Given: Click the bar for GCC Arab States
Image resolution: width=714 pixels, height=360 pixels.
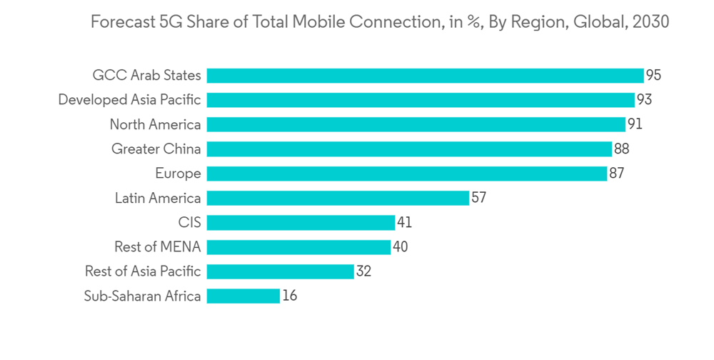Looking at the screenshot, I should pos(425,76).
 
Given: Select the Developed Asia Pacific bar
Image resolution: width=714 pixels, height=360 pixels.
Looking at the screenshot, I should pos(421,100).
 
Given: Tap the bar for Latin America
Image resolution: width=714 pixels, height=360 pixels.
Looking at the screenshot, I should pos(338,198).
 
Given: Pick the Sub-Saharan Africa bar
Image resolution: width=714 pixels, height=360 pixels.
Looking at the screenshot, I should pos(243,296).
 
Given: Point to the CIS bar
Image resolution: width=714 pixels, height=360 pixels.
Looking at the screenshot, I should pos(301,223).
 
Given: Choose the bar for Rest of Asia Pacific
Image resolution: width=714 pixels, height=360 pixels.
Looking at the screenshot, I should pos(281,271).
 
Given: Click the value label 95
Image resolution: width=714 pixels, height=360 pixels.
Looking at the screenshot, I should pos(653,76).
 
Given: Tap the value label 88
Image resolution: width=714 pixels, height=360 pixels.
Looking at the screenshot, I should pos(620,149).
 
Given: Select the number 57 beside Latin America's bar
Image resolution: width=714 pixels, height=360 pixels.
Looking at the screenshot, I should pos(478,198).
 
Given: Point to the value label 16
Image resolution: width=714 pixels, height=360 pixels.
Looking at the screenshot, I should pos(289,296).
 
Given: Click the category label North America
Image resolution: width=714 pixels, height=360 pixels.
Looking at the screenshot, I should pos(155,125).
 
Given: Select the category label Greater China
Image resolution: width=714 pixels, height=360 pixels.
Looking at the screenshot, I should pos(156,149).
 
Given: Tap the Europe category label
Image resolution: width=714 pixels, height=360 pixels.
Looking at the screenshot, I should pos(178,174).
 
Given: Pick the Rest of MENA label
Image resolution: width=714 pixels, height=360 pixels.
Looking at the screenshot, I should pos(157,247).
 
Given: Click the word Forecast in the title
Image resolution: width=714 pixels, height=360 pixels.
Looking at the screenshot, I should pos(120,22).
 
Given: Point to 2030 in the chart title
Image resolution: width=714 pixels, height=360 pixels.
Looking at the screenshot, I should pos(650,22).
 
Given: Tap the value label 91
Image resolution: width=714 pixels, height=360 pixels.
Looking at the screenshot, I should pos(635,125).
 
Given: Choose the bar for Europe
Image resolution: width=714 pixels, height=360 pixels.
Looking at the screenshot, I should pos(407,174).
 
